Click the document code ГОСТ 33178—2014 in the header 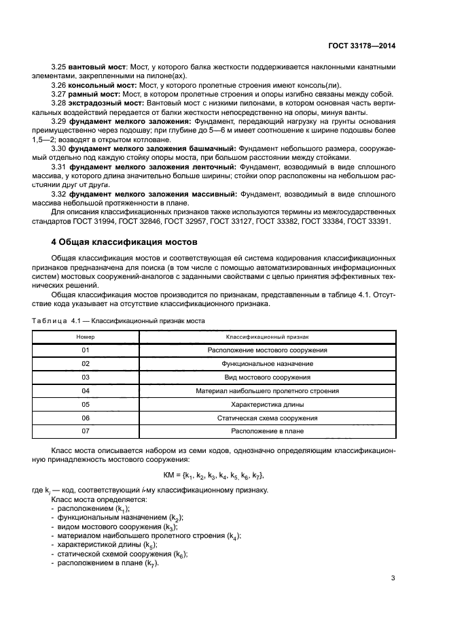click(361, 45)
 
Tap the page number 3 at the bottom click(393, 579)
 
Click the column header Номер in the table click(86, 337)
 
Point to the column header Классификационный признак click(267, 337)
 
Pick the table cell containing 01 click(86, 350)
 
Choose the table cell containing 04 click(86, 391)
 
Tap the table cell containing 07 click(86, 431)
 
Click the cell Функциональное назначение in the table click(267, 364)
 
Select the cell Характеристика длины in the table click(267, 405)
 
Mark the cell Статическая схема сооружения click(267, 418)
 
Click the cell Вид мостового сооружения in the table click(267, 378)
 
